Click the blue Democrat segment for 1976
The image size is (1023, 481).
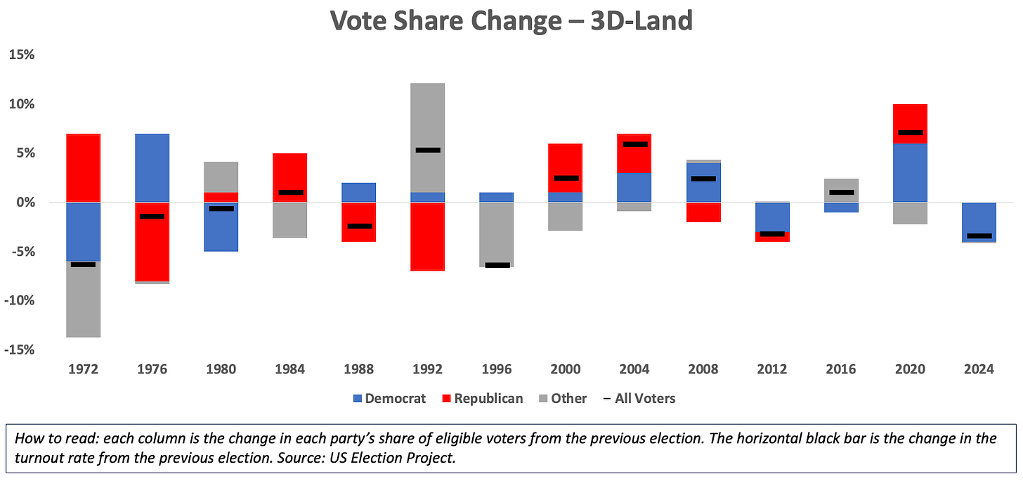[x=152, y=167]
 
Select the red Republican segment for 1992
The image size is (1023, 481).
[x=428, y=236]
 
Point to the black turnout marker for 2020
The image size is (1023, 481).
[x=911, y=132]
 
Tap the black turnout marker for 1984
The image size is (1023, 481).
[x=290, y=192]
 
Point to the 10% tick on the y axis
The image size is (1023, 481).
[x=25, y=104]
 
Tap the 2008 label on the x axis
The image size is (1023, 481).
[x=703, y=370]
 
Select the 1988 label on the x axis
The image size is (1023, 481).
[x=358, y=370]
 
